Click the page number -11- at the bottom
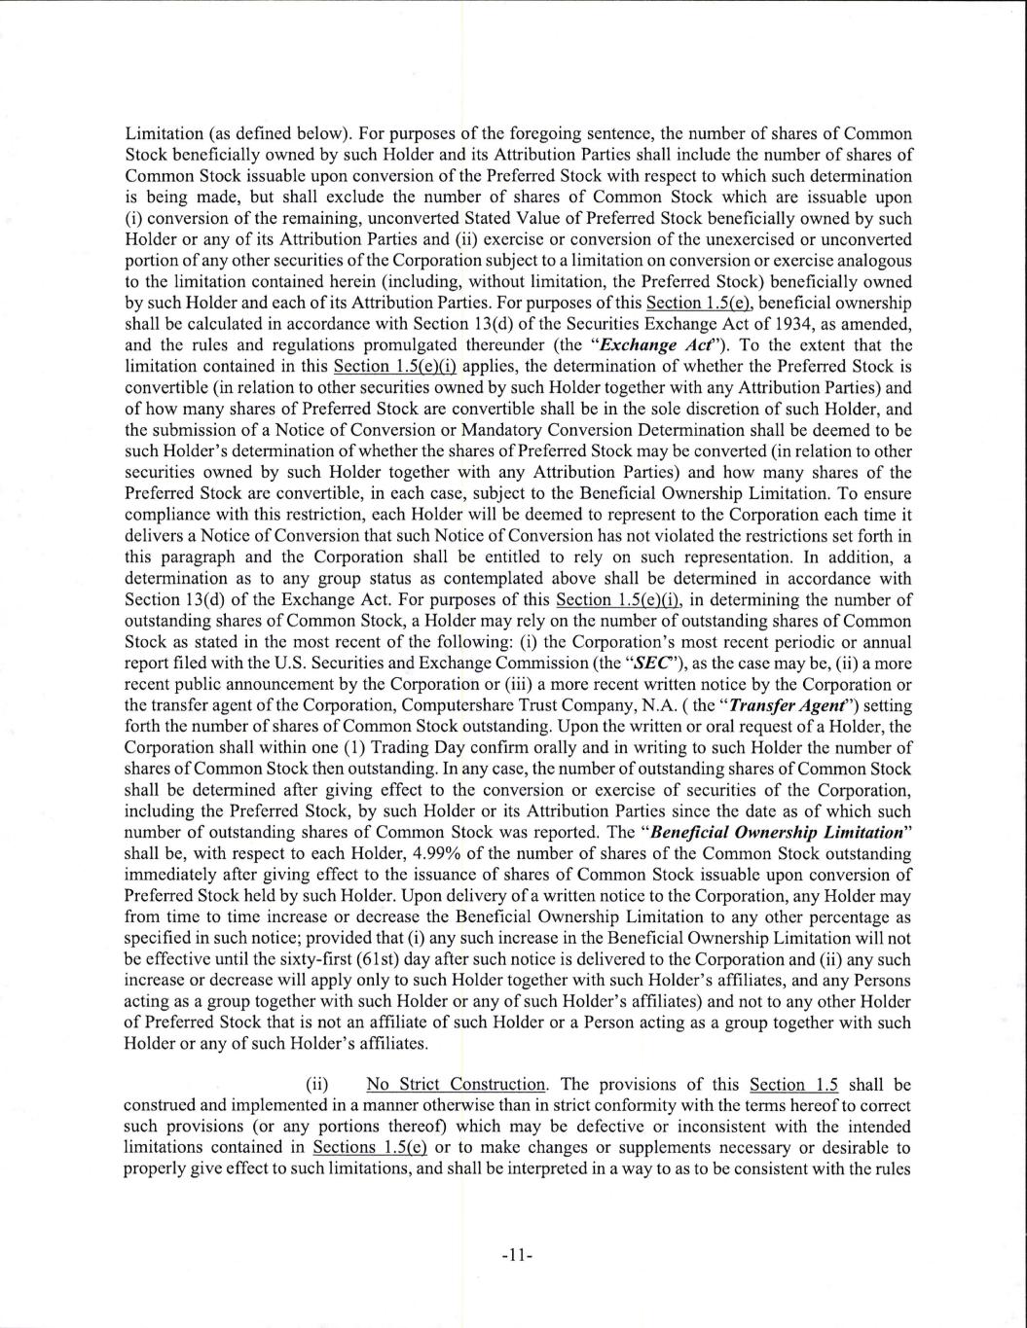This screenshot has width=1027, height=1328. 514,1255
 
